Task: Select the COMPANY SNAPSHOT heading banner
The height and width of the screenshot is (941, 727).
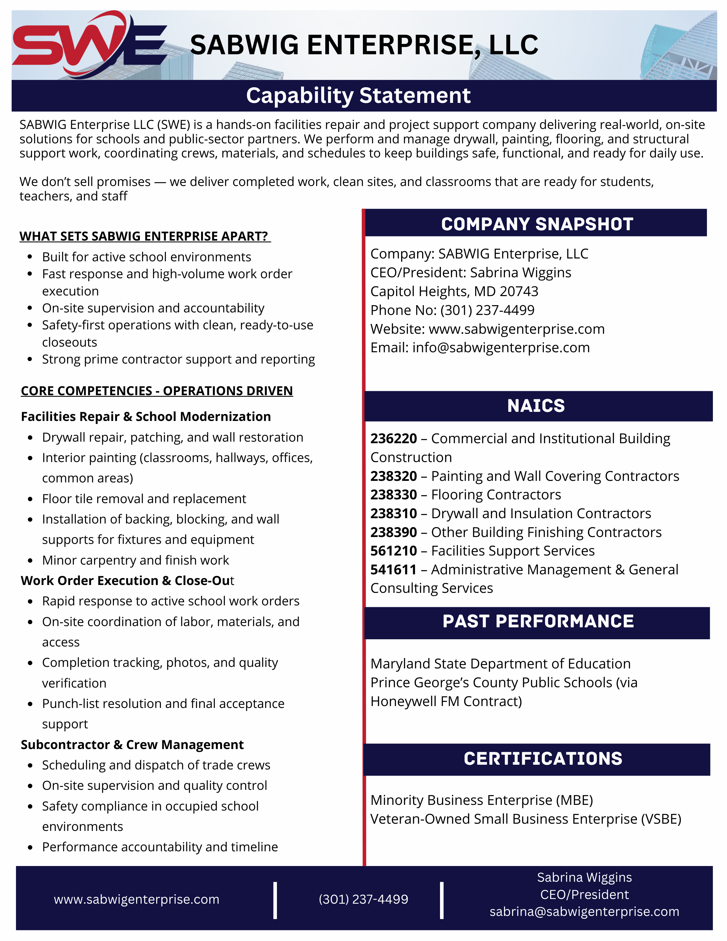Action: [x=537, y=224]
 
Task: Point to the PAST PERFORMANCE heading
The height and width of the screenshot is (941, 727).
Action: [x=538, y=621]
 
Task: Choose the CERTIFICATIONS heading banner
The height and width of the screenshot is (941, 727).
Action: [x=543, y=759]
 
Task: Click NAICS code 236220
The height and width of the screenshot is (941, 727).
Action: [x=394, y=439]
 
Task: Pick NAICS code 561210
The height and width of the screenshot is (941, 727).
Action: [x=394, y=551]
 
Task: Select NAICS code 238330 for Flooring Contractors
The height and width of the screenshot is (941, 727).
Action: [x=394, y=495]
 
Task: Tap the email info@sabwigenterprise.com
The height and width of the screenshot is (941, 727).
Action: [x=501, y=348]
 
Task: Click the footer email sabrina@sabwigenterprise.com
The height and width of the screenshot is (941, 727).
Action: [x=584, y=912]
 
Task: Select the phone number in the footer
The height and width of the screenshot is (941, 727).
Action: [x=363, y=899]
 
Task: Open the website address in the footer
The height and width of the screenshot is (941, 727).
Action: [x=136, y=900]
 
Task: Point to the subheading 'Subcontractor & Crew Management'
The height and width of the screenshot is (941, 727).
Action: [x=132, y=745]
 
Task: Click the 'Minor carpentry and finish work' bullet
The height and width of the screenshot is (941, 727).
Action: [x=135, y=560]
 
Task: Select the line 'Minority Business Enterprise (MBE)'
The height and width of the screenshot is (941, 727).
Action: [x=481, y=800]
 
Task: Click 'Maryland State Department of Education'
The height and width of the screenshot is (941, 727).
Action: [x=501, y=664]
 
